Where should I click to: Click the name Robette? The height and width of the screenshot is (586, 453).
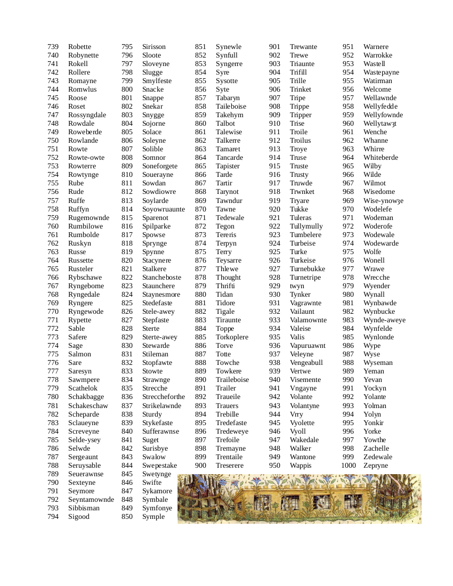(79, 47)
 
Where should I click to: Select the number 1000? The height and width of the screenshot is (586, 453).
(348, 466)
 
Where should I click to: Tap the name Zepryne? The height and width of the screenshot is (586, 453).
(376, 466)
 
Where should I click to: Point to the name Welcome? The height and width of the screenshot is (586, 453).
(377, 89)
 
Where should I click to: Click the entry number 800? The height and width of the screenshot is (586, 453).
(127, 89)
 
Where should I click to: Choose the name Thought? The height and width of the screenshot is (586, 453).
(228, 278)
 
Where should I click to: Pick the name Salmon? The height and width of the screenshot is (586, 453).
(79, 354)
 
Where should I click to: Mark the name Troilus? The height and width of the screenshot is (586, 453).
(300, 141)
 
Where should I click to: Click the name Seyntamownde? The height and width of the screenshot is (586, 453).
(91, 500)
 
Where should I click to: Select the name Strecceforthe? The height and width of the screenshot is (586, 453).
(164, 397)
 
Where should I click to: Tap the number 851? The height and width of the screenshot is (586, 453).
(200, 47)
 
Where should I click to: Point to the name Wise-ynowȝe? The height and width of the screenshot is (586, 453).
(383, 201)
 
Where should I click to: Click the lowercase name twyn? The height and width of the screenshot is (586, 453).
(297, 286)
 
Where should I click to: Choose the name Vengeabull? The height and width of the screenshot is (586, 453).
(306, 363)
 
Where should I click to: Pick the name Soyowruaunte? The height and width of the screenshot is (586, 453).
(163, 209)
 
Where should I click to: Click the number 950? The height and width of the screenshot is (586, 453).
(274, 466)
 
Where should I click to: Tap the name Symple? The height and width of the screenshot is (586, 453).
(153, 517)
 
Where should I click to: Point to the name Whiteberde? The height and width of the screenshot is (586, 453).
(381, 158)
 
